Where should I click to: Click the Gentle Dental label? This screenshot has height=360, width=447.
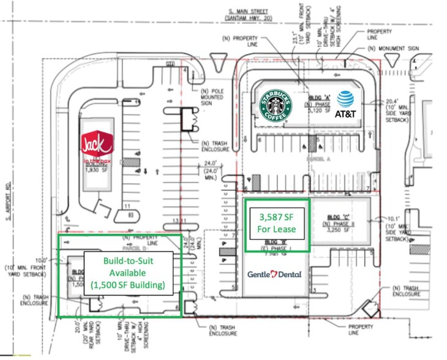pyautogui.click(x=274, y=274)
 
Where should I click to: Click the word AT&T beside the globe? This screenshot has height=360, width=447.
pyautogui.click(x=347, y=114)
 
